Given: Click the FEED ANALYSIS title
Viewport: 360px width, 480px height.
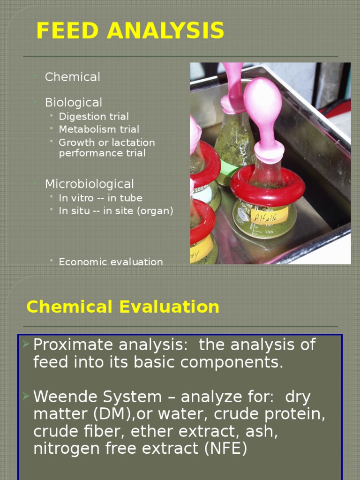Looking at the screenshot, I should point(130,31).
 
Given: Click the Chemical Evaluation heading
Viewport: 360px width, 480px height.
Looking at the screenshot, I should point(123,307).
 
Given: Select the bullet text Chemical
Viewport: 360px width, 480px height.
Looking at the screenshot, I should point(72,77).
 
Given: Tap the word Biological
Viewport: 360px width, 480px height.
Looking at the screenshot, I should point(73,102).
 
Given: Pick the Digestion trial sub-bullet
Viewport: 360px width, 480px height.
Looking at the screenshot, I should point(93,116).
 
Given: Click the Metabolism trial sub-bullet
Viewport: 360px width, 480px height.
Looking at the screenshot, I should point(99,129).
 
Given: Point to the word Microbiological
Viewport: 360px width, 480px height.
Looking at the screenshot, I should point(89,184).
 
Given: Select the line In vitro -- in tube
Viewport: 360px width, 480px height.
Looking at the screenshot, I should point(100,198).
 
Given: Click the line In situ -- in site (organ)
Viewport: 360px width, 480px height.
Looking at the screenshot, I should point(116,211).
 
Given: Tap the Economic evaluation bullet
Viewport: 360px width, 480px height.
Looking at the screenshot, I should point(111,262).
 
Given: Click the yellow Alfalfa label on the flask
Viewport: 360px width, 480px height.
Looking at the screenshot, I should point(270,217).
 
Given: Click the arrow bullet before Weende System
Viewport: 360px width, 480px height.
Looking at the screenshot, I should point(26,397).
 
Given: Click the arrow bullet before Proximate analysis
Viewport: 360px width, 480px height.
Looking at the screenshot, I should point(26,345).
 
